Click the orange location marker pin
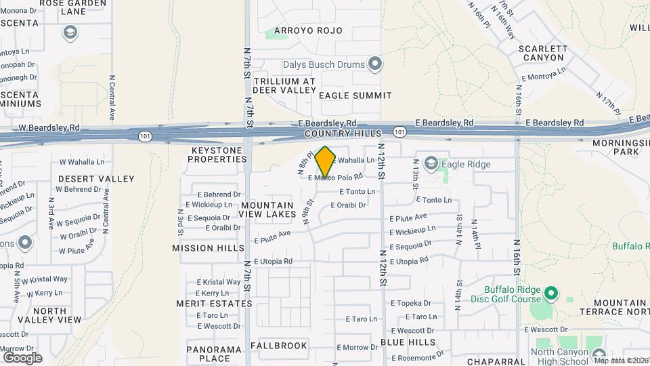[326, 162]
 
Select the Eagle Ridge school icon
[431, 163]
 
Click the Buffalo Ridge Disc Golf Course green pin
[551, 293]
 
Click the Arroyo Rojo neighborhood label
[309, 30]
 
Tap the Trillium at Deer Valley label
[284, 85]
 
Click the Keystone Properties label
[217, 154]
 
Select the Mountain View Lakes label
[267, 209]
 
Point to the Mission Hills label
[208, 248]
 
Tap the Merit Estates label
[214, 304]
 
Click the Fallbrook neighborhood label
[279, 346]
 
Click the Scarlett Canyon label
[541, 53]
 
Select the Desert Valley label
[96, 178]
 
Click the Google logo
[22, 357]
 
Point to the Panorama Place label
[215, 354]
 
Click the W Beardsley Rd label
[49, 127]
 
